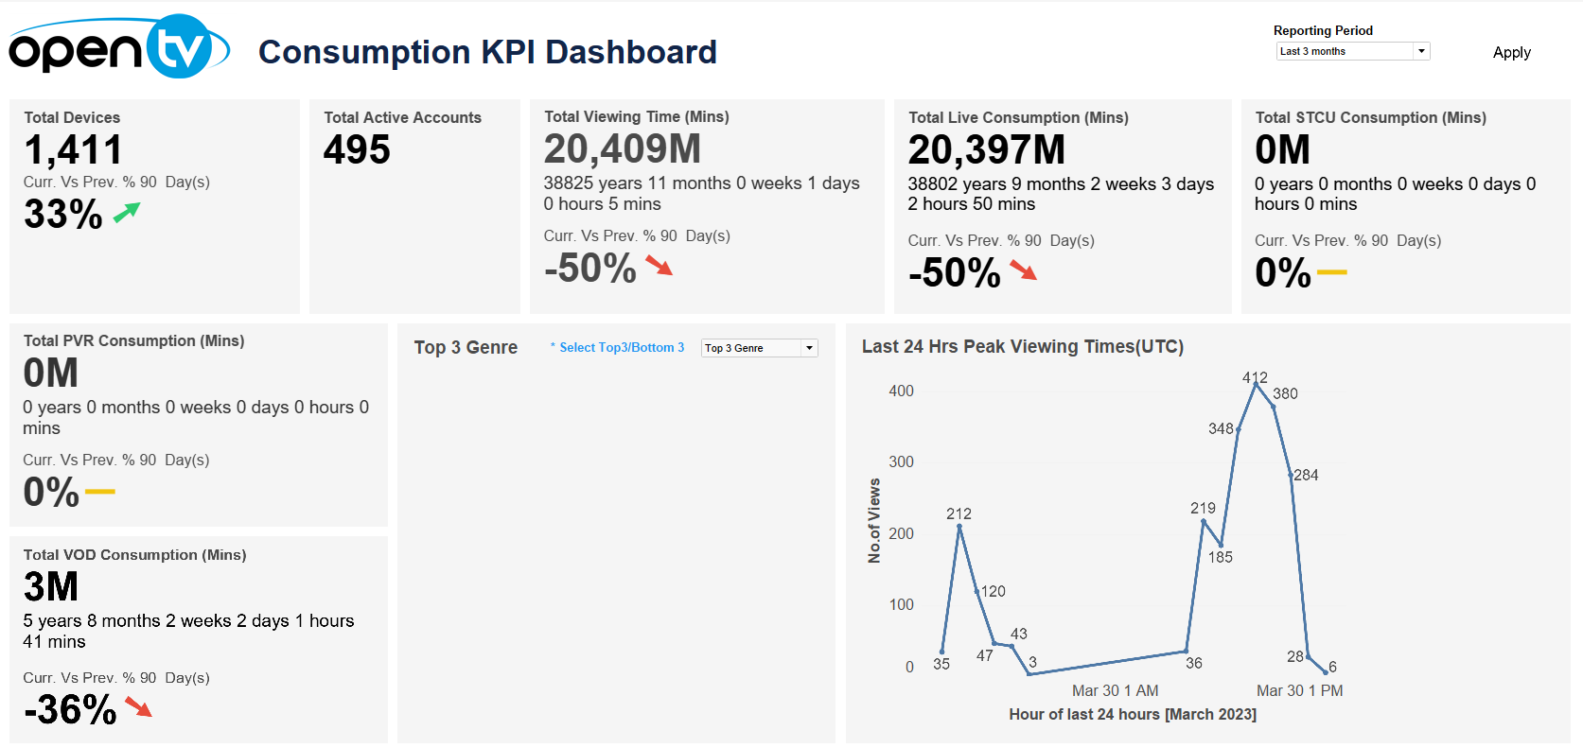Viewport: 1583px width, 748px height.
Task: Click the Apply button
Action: pyautogui.click(x=1511, y=53)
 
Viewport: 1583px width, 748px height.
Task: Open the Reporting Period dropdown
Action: pyautogui.click(x=1352, y=51)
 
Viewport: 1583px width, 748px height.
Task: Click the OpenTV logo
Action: pyautogui.click(x=118, y=47)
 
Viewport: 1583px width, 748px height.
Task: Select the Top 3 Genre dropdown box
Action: pyautogui.click(x=759, y=348)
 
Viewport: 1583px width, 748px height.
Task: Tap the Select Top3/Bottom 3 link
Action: pyautogui.click(x=621, y=348)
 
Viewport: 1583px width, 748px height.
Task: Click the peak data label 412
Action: pyautogui.click(x=1255, y=377)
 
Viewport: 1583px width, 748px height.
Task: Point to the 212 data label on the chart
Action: pyautogui.click(x=959, y=513)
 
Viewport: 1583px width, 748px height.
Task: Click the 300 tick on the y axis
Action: pyautogui.click(x=901, y=461)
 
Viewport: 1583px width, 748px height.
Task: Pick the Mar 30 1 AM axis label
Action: pyautogui.click(x=1115, y=690)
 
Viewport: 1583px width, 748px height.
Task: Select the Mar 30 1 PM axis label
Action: pyautogui.click(x=1299, y=690)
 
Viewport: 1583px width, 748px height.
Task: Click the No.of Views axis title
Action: pyautogui.click(x=874, y=520)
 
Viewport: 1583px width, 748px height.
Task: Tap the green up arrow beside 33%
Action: pyautogui.click(x=127, y=213)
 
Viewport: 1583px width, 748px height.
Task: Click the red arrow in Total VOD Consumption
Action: pyautogui.click(x=139, y=707)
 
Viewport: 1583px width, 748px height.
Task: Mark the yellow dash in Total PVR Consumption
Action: pyautogui.click(x=99, y=492)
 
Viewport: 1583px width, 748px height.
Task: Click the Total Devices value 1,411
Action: pyautogui.click(x=73, y=149)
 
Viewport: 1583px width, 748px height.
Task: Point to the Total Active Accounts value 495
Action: pyautogui.click(x=357, y=149)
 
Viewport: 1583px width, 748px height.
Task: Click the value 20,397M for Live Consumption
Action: pyautogui.click(x=986, y=149)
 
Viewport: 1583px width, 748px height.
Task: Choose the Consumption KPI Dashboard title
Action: pyautogui.click(x=487, y=52)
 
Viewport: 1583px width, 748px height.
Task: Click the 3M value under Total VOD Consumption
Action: pyautogui.click(x=51, y=586)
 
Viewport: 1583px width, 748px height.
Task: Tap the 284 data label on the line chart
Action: pyautogui.click(x=1306, y=475)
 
